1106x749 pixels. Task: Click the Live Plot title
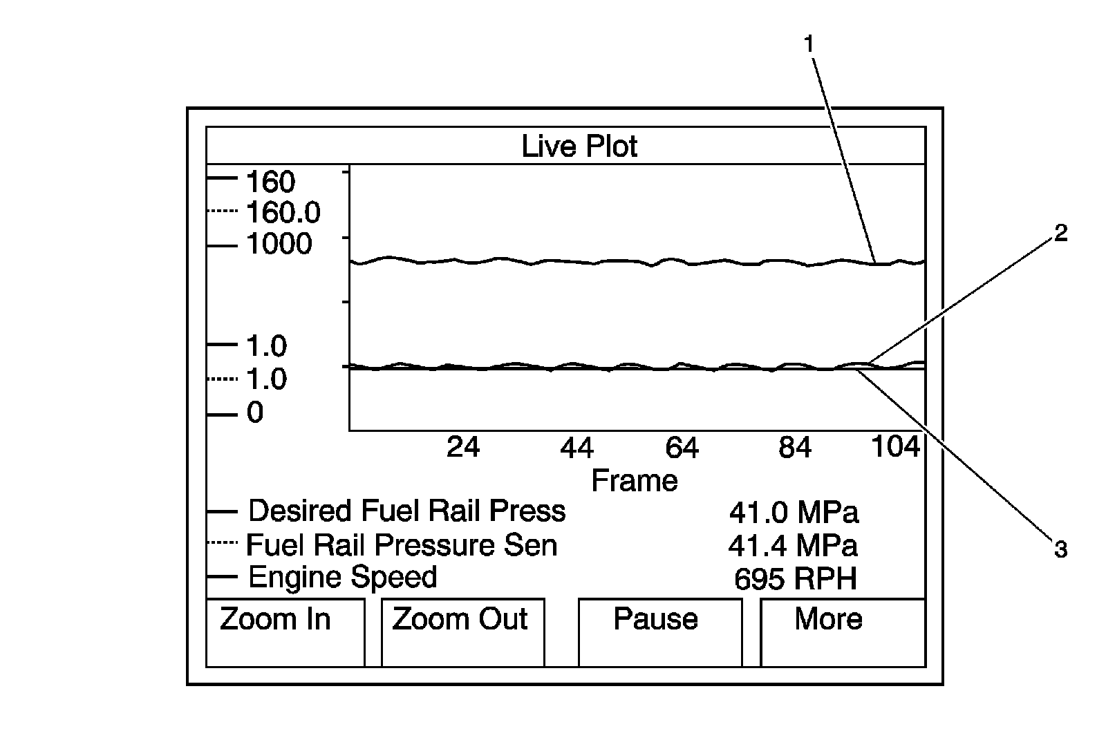(579, 146)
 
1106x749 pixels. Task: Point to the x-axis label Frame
(634, 480)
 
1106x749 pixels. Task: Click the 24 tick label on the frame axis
(462, 448)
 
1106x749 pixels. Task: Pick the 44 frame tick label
(577, 448)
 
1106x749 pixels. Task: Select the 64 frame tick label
(682, 448)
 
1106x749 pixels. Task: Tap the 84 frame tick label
(794, 448)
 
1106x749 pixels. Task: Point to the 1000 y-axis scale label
(279, 244)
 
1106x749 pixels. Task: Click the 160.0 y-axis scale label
(283, 213)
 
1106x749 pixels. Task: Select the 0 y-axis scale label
(255, 413)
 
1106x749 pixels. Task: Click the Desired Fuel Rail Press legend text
(406, 511)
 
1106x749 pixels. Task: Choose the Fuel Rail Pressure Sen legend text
(402, 545)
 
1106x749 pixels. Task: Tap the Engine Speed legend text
(342, 577)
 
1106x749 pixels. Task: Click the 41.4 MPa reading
(793, 546)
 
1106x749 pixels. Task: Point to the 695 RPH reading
(795, 579)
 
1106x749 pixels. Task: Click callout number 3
(1060, 550)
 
